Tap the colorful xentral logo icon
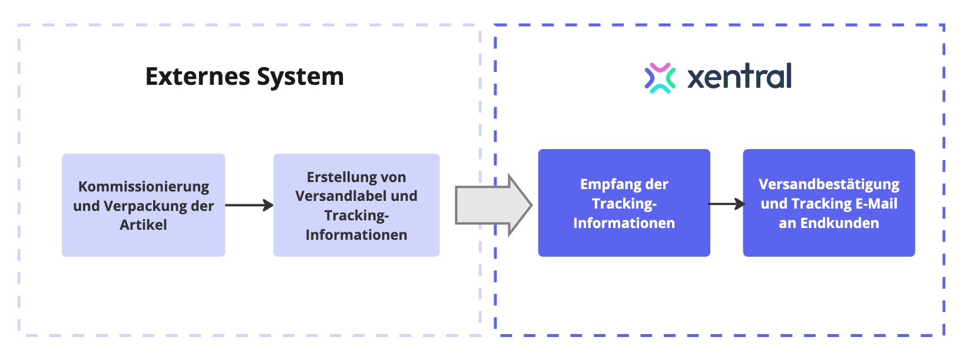660,78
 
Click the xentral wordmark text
739,77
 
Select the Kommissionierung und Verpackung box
143,205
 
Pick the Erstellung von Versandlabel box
356,205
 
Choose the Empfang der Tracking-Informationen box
624,203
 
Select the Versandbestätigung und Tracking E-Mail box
829,203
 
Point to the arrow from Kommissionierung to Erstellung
249,205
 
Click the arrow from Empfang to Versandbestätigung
726,204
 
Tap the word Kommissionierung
144,187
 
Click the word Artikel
143,224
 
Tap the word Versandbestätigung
829,184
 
